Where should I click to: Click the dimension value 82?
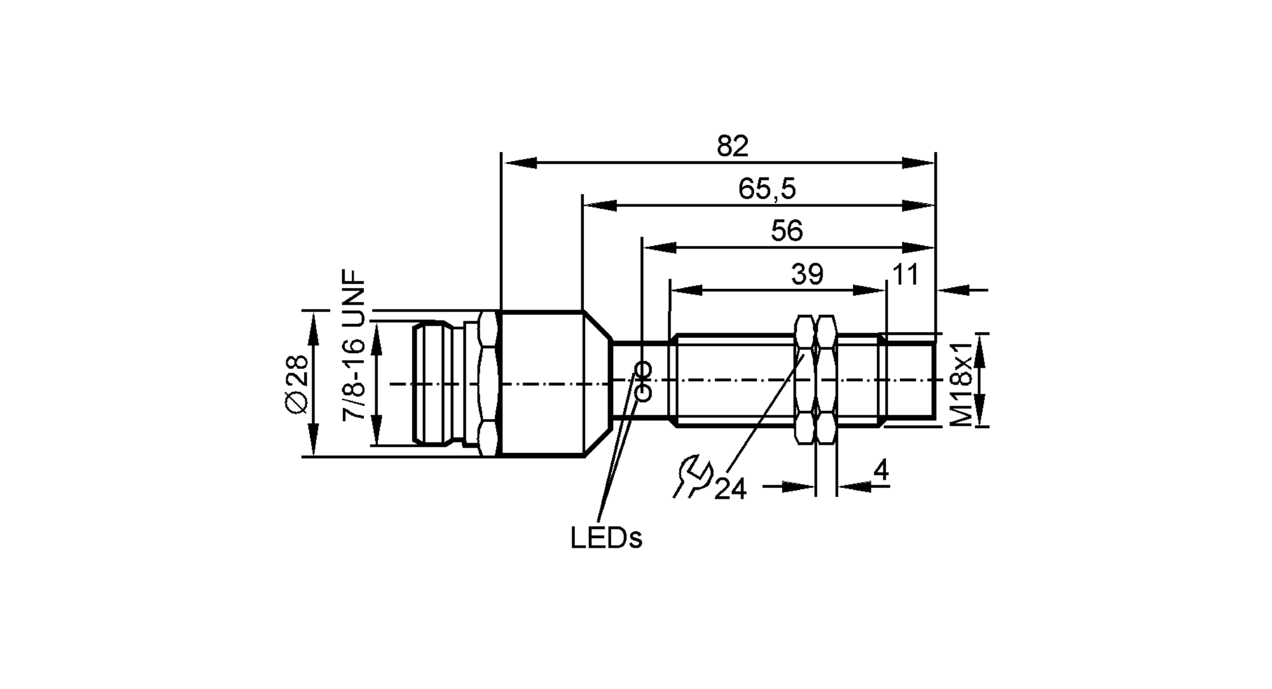click(733, 147)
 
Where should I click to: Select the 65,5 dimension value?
click(767, 189)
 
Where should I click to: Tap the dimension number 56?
click(787, 231)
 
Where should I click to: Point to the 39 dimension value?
click(807, 274)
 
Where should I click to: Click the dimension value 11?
click(906, 275)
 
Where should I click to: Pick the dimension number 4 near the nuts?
click(881, 471)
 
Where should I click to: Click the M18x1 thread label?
click(962, 382)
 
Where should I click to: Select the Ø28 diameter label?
click(296, 384)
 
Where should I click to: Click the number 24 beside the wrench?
click(730, 489)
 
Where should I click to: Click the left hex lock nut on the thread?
click(805, 379)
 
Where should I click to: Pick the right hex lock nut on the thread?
click(826, 379)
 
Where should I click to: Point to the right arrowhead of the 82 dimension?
click(919, 164)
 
